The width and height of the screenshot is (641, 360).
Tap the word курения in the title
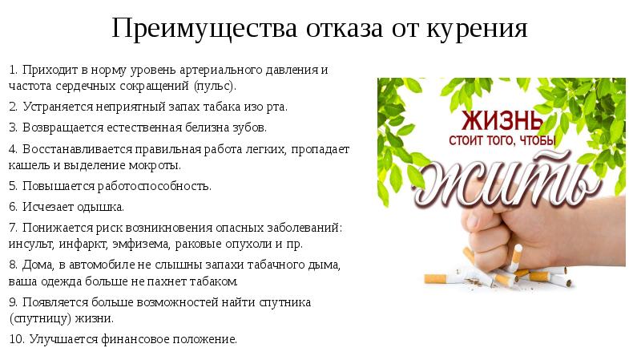[477, 30]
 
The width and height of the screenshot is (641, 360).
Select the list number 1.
[13, 70]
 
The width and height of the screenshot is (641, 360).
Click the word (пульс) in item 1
[215, 87]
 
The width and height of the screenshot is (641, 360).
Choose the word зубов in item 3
[250, 127]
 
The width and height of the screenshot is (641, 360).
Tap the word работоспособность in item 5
[154, 186]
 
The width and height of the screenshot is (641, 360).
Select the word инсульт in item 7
[31, 245]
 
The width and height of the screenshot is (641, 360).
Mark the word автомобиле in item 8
[102, 265]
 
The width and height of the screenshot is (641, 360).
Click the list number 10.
[17, 339]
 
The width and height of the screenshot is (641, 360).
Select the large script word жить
[507, 179]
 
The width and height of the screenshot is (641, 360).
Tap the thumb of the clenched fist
[474, 221]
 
